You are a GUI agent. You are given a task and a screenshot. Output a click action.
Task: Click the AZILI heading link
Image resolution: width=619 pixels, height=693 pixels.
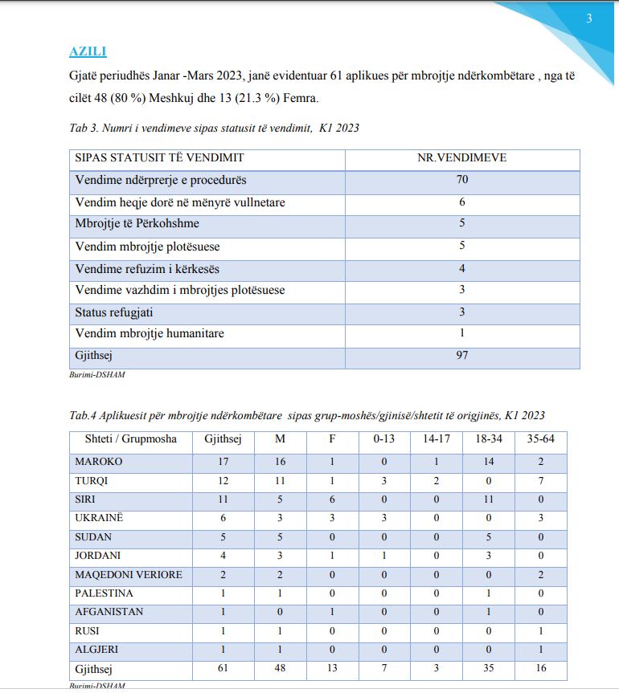tap(88, 52)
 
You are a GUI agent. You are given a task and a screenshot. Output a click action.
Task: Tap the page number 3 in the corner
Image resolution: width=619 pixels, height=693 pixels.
tap(589, 19)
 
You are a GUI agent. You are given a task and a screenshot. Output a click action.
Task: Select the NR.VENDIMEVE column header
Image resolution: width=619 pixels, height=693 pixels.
tap(462, 158)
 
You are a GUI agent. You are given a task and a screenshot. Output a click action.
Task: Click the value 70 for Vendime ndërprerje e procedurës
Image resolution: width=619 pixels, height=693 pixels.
tap(462, 180)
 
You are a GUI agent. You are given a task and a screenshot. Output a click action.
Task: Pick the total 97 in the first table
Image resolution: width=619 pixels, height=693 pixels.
tap(462, 356)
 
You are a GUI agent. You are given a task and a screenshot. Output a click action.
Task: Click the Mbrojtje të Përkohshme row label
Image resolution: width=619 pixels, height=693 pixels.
tap(137, 224)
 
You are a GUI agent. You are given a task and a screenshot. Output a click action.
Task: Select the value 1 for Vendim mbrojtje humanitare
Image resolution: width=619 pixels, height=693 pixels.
tap(462, 333)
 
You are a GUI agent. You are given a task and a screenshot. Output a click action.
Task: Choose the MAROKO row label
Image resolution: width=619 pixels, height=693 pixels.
tap(98, 462)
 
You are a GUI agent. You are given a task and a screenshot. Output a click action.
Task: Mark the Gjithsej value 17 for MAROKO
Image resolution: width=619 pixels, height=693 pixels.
tap(223, 462)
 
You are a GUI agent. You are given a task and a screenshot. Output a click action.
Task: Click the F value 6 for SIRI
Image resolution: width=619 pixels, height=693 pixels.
tap(333, 499)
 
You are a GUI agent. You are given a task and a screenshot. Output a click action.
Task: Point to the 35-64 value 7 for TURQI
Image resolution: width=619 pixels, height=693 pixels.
tap(542, 480)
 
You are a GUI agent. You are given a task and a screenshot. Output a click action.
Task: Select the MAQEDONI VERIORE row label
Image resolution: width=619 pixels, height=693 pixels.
tap(128, 575)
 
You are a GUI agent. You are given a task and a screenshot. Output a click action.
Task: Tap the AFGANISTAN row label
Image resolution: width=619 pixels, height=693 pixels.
tap(109, 612)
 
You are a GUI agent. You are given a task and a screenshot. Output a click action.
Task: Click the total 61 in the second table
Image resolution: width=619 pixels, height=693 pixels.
tap(223, 669)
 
